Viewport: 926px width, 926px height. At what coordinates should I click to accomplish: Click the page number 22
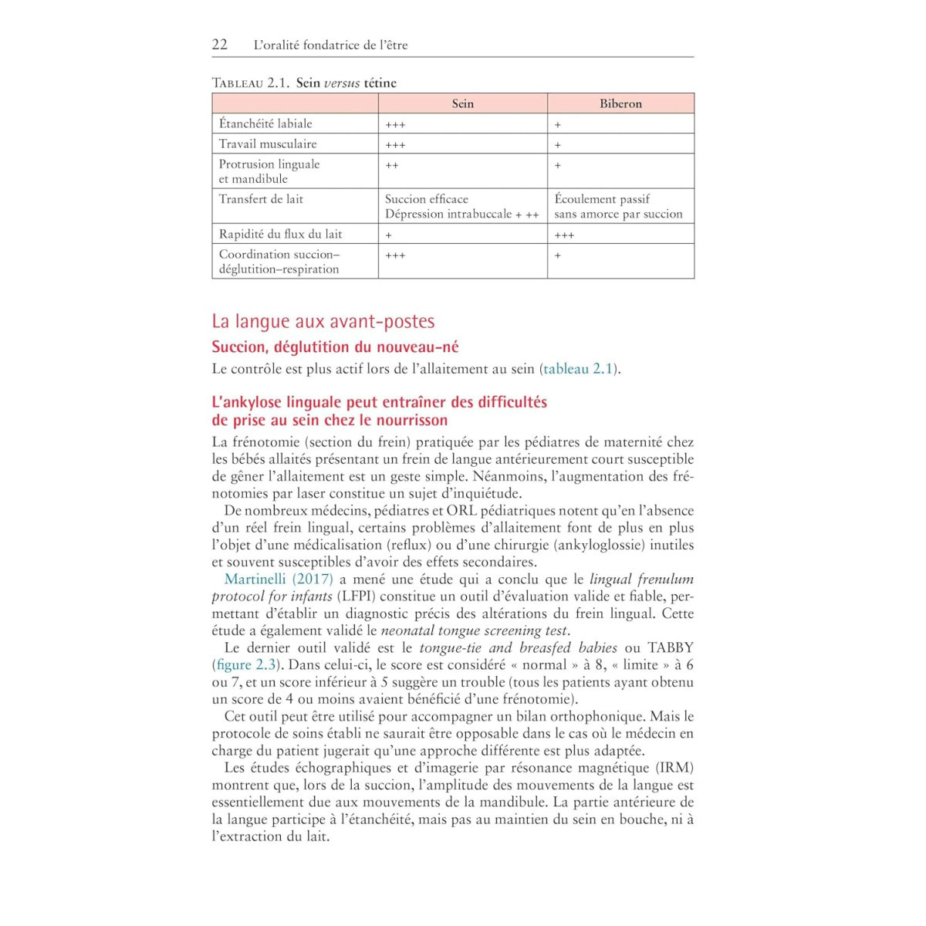point(220,44)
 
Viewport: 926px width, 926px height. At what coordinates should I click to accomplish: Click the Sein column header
point(462,103)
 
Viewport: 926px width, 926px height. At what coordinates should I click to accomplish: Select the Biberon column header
point(620,103)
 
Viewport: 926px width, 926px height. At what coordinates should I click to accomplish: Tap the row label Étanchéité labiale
point(265,123)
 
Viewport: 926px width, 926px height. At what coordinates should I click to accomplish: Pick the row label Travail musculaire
point(268,144)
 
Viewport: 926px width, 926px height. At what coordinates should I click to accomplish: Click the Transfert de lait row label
point(261,199)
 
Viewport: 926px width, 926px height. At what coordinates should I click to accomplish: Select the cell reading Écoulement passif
point(602,199)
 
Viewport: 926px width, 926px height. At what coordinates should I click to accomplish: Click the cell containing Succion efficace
point(427,199)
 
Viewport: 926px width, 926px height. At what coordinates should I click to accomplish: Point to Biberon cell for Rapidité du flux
point(564,235)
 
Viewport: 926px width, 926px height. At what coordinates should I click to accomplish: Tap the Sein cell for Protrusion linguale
point(392,165)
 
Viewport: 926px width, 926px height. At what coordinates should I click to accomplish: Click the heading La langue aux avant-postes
point(323,321)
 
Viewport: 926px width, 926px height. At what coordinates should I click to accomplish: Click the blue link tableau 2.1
point(578,369)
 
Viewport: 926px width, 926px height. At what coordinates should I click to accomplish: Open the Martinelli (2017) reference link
point(279,579)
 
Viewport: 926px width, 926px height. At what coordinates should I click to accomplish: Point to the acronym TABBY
point(670,647)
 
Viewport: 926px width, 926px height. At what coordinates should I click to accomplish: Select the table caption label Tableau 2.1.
point(250,83)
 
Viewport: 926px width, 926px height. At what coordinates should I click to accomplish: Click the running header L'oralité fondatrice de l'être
point(330,45)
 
